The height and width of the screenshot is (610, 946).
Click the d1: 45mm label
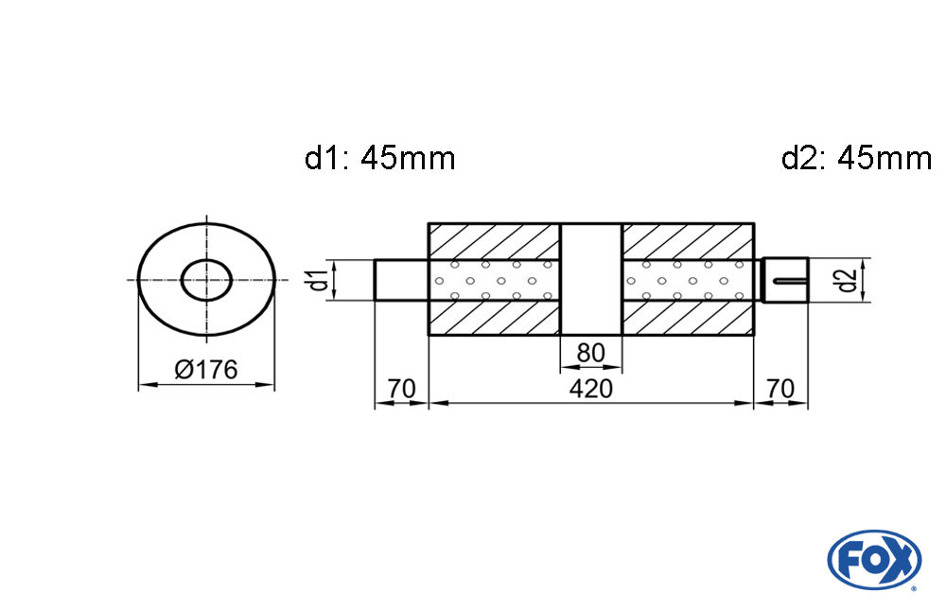379,159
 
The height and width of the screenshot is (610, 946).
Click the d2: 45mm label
856,159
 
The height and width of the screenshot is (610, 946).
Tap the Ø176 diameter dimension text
206,369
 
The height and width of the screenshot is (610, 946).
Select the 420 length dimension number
590,389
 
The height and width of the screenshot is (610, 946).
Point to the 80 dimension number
590,353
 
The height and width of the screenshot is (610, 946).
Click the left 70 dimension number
401,389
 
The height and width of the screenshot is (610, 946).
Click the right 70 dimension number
780,389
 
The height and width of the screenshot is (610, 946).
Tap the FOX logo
874,560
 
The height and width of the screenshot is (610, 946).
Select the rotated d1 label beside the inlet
320,279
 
